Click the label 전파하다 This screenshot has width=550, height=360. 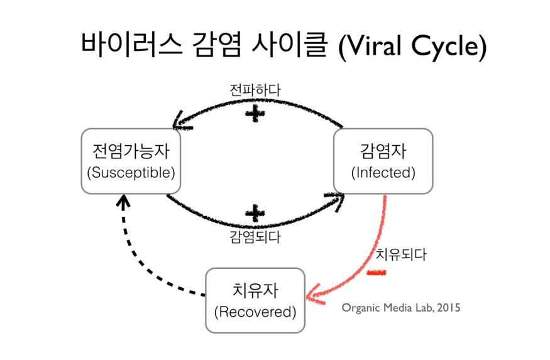coord(255,90)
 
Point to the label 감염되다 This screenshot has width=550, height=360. coord(255,237)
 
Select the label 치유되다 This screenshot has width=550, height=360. coord(401,255)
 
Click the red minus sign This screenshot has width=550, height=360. coord(377,273)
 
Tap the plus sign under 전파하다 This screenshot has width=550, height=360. coord(254,114)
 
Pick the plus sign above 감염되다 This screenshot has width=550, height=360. coord(254,212)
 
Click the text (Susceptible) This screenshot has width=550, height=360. coord(130,172)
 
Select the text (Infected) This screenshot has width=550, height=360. coord(383,172)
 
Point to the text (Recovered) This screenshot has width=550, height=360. coord(255,312)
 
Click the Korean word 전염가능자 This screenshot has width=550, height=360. coord(130,151)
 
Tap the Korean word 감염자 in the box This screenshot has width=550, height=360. coord(383,151)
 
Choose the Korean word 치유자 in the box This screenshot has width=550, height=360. coord(255,290)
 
